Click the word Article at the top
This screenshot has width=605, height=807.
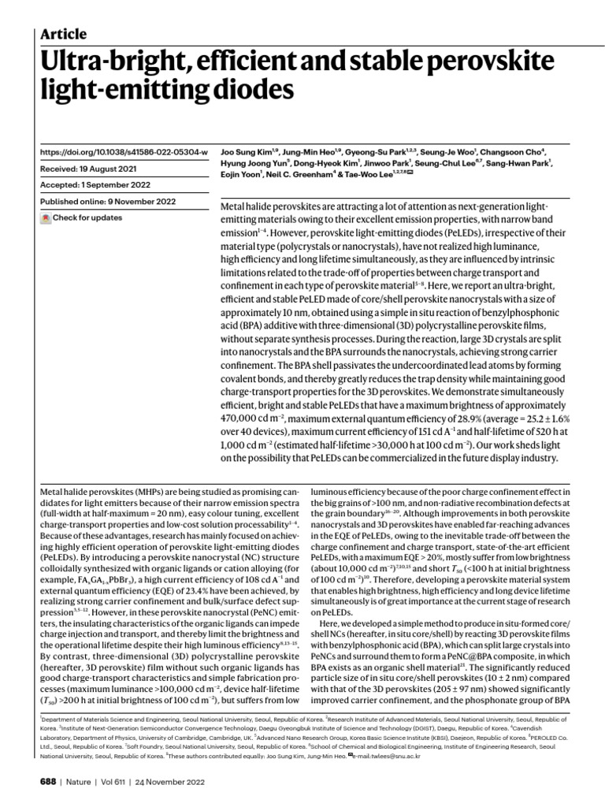64,34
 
